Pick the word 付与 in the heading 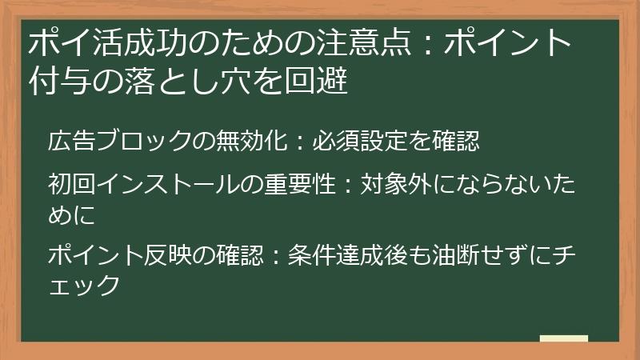(54, 81)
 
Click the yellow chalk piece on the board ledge (563, 338)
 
